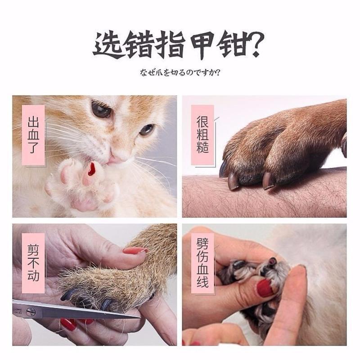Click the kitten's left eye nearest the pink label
click(100, 109)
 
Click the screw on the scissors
click(31, 311)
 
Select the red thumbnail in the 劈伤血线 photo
click(265, 288)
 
